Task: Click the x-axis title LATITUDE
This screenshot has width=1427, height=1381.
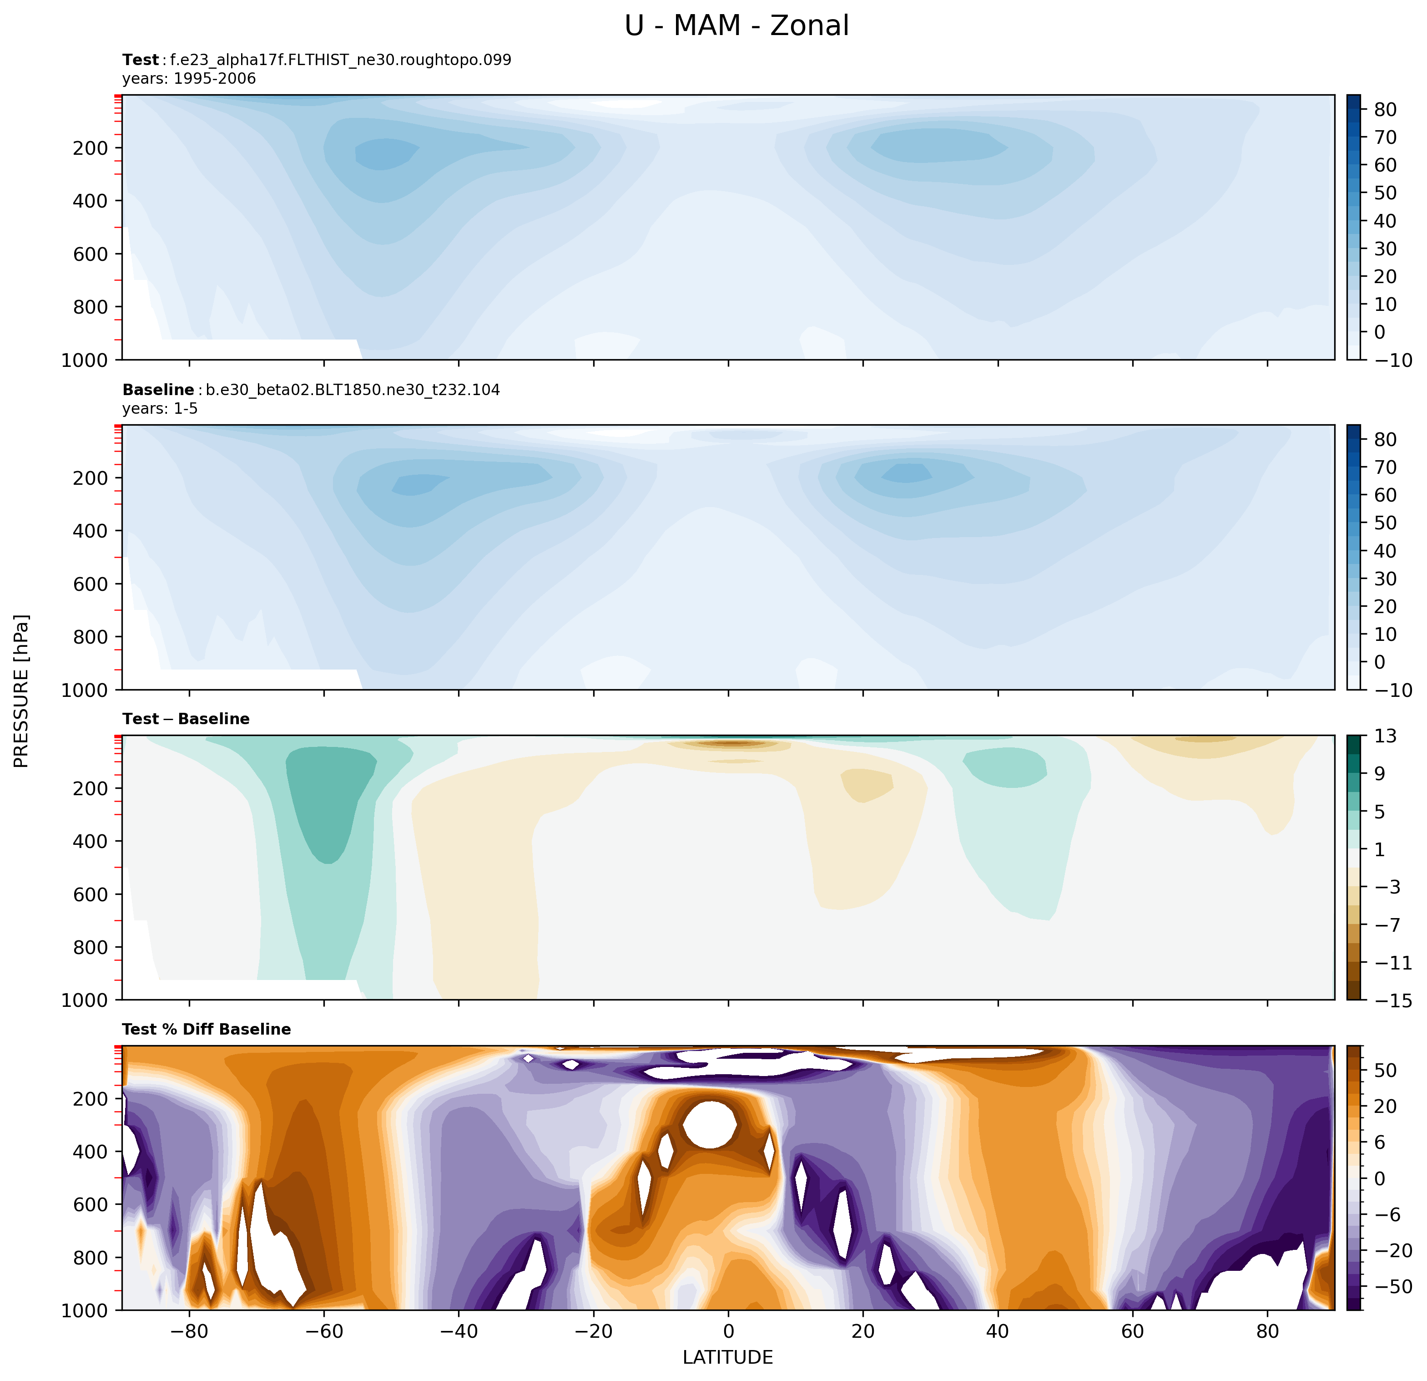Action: (x=727, y=1357)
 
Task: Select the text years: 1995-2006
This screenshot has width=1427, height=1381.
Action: (x=189, y=79)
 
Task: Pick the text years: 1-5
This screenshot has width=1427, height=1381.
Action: (x=160, y=409)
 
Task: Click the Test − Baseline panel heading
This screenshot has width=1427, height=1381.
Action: (x=187, y=719)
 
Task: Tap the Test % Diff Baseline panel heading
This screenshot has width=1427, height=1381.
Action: (x=207, y=1029)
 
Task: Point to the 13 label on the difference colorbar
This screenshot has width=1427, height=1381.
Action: (x=1386, y=736)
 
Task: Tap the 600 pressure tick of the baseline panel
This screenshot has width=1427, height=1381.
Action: (x=91, y=584)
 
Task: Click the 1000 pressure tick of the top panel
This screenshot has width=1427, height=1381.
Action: (x=85, y=360)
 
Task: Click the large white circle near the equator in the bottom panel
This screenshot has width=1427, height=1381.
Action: (x=710, y=1125)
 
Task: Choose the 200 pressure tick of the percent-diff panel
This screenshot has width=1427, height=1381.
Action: (x=91, y=1099)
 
